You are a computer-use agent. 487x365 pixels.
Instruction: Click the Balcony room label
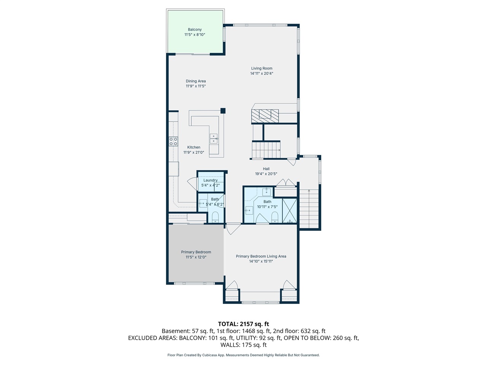(x=194, y=30)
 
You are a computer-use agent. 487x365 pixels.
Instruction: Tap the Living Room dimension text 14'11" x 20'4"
(x=262, y=73)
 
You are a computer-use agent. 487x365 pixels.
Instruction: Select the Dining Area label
(x=196, y=81)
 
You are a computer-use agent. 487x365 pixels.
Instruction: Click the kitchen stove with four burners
(x=173, y=141)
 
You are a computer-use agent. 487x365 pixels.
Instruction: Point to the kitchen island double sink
(x=214, y=138)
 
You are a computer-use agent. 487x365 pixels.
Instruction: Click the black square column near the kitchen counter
(x=223, y=111)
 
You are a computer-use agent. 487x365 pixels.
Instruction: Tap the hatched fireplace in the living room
(x=265, y=116)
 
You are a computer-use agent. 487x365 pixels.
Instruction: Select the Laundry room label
(x=210, y=180)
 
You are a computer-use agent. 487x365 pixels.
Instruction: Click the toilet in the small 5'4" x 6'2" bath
(x=215, y=217)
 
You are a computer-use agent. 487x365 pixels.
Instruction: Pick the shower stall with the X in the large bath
(x=289, y=211)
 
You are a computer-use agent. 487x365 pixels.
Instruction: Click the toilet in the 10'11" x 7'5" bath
(x=275, y=217)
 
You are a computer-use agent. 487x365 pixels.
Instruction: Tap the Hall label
(x=266, y=169)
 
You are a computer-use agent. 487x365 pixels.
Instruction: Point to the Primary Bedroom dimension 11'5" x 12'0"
(x=196, y=257)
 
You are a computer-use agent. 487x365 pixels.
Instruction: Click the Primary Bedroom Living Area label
(x=261, y=256)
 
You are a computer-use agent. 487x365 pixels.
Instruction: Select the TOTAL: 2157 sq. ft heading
(x=243, y=324)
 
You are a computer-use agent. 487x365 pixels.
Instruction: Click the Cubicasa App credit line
(x=243, y=355)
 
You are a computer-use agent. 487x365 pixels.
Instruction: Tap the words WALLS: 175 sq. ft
(x=243, y=345)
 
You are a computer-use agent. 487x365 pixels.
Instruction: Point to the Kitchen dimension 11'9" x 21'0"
(x=194, y=152)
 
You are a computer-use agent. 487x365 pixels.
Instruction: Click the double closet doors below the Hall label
(x=286, y=182)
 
